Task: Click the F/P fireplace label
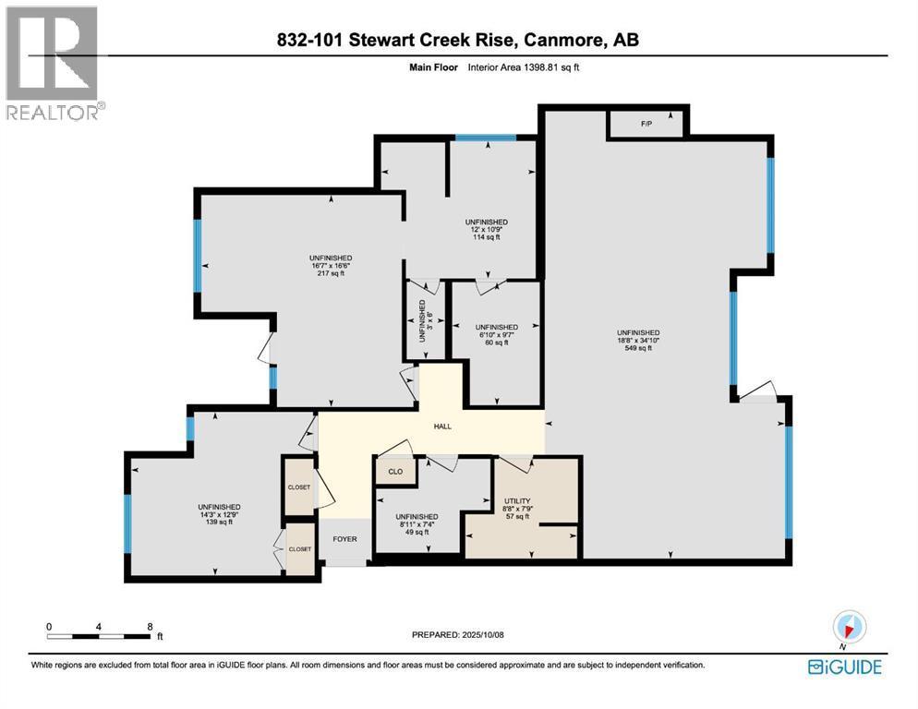coord(646,123)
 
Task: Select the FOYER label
coord(344,539)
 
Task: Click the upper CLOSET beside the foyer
coord(299,487)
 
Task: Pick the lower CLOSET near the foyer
coord(299,548)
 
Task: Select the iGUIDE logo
coord(844,667)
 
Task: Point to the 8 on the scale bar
coord(150,625)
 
